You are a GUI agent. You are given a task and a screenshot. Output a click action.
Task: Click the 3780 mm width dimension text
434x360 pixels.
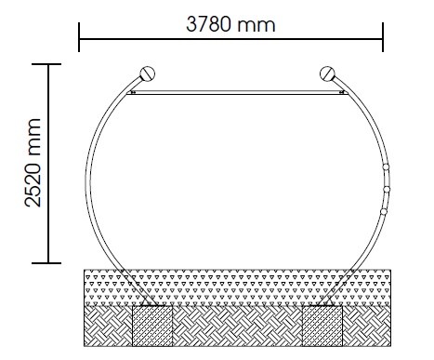point(230,25)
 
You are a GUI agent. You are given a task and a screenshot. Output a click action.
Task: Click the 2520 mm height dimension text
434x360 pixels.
point(33,163)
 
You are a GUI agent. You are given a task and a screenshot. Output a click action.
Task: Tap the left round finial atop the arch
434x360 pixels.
point(148,73)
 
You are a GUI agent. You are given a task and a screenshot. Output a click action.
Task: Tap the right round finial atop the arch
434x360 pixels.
point(327,73)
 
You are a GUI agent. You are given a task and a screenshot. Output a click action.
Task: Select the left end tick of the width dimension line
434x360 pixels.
point(79,37)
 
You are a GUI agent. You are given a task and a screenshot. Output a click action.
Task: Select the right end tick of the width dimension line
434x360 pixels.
point(383,37)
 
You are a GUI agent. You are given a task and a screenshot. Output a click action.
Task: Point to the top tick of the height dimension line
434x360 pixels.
point(46,64)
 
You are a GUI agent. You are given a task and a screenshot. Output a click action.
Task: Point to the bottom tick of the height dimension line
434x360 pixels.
point(46,263)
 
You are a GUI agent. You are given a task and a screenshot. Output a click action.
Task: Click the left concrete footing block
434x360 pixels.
point(152,326)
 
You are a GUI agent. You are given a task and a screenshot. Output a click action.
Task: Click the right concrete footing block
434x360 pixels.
point(322,326)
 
